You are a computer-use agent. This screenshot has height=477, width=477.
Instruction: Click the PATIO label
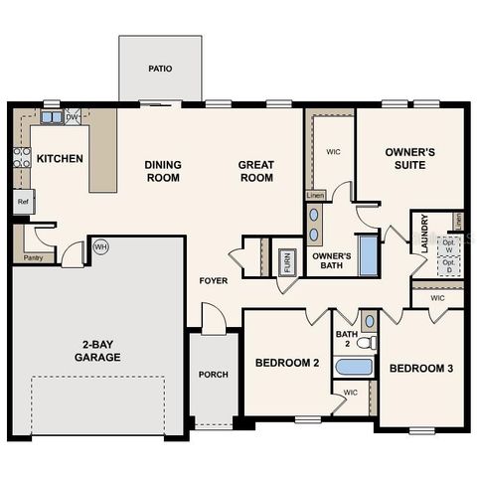[x=160, y=70]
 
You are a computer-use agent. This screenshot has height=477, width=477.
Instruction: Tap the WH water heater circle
[x=100, y=245]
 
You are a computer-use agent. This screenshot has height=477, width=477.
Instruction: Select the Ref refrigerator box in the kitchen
[x=22, y=201]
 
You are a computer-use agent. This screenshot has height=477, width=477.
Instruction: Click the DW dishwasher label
[x=72, y=117]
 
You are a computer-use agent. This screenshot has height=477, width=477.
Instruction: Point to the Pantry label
[x=33, y=258]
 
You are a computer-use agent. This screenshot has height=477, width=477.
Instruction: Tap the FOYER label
[x=213, y=281]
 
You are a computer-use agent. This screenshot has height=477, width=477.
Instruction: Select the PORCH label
[x=213, y=375]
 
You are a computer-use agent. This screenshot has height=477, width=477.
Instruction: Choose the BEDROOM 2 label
[x=286, y=363]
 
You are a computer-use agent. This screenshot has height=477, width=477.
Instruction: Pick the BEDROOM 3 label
[x=420, y=369]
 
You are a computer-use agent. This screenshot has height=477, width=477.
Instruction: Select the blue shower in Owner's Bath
[x=367, y=255]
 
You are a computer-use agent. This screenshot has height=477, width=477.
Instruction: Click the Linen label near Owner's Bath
[x=315, y=196]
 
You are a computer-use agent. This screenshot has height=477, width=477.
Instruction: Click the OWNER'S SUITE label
[x=411, y=158]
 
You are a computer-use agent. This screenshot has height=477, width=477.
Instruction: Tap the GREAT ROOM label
[x=255, y=171]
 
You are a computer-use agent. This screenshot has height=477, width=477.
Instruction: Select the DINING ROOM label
[x=162, y=171]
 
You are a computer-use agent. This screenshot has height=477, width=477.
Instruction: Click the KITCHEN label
[x=60, y=158]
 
